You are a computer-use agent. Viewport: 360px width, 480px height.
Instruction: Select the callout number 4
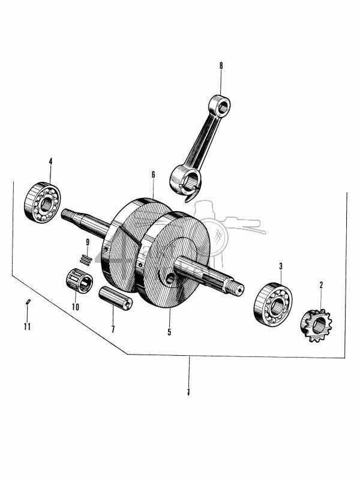[50, 162]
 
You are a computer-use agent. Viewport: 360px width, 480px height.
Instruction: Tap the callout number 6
[153, 175]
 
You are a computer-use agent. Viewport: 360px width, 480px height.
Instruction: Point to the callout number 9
[88, 242]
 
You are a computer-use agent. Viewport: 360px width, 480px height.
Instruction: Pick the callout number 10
[76, 307]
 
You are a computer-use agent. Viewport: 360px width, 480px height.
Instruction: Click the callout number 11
[27, 327]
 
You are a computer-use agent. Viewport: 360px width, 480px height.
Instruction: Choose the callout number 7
[112, 329]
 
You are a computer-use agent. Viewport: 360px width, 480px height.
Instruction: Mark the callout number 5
[169, 331]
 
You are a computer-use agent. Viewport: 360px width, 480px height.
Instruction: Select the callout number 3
[280, 266]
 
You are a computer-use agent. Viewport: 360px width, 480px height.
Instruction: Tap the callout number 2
[321, 285]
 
